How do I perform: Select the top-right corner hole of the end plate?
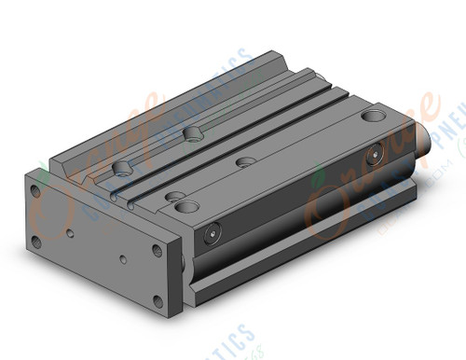click(154, 250)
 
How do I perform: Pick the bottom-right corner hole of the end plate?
click(155, 301)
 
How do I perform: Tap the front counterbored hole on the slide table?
click(123, 169)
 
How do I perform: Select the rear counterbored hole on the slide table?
click(194, 134)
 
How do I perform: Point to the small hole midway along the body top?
click(247, 162)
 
